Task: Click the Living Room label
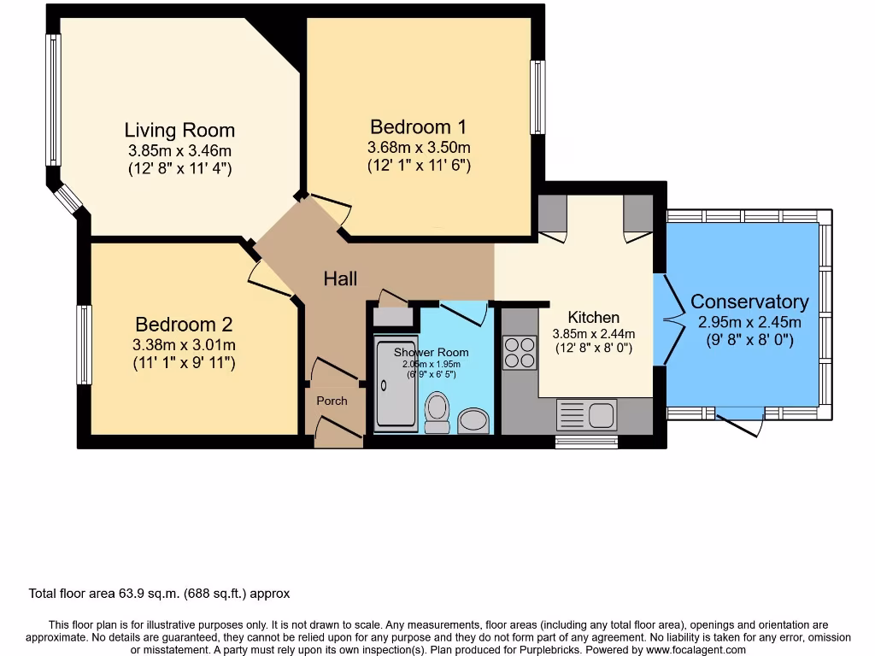click(179, 131)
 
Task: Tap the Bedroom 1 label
click(418, 127)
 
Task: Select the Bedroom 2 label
click(184, 325)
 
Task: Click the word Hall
click(340, 278)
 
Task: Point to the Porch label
click(332, 401)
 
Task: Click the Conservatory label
click(749, 302)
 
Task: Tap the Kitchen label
click(593, 318)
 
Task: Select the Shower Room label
click(431, 352)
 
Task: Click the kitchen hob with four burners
click(519, 353)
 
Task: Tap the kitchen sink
click(586, 415)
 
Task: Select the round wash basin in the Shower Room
click(473, 419)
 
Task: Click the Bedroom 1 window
click(537, 97)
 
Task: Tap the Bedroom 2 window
click(84, 344)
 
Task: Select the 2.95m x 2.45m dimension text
click(749, 322)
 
